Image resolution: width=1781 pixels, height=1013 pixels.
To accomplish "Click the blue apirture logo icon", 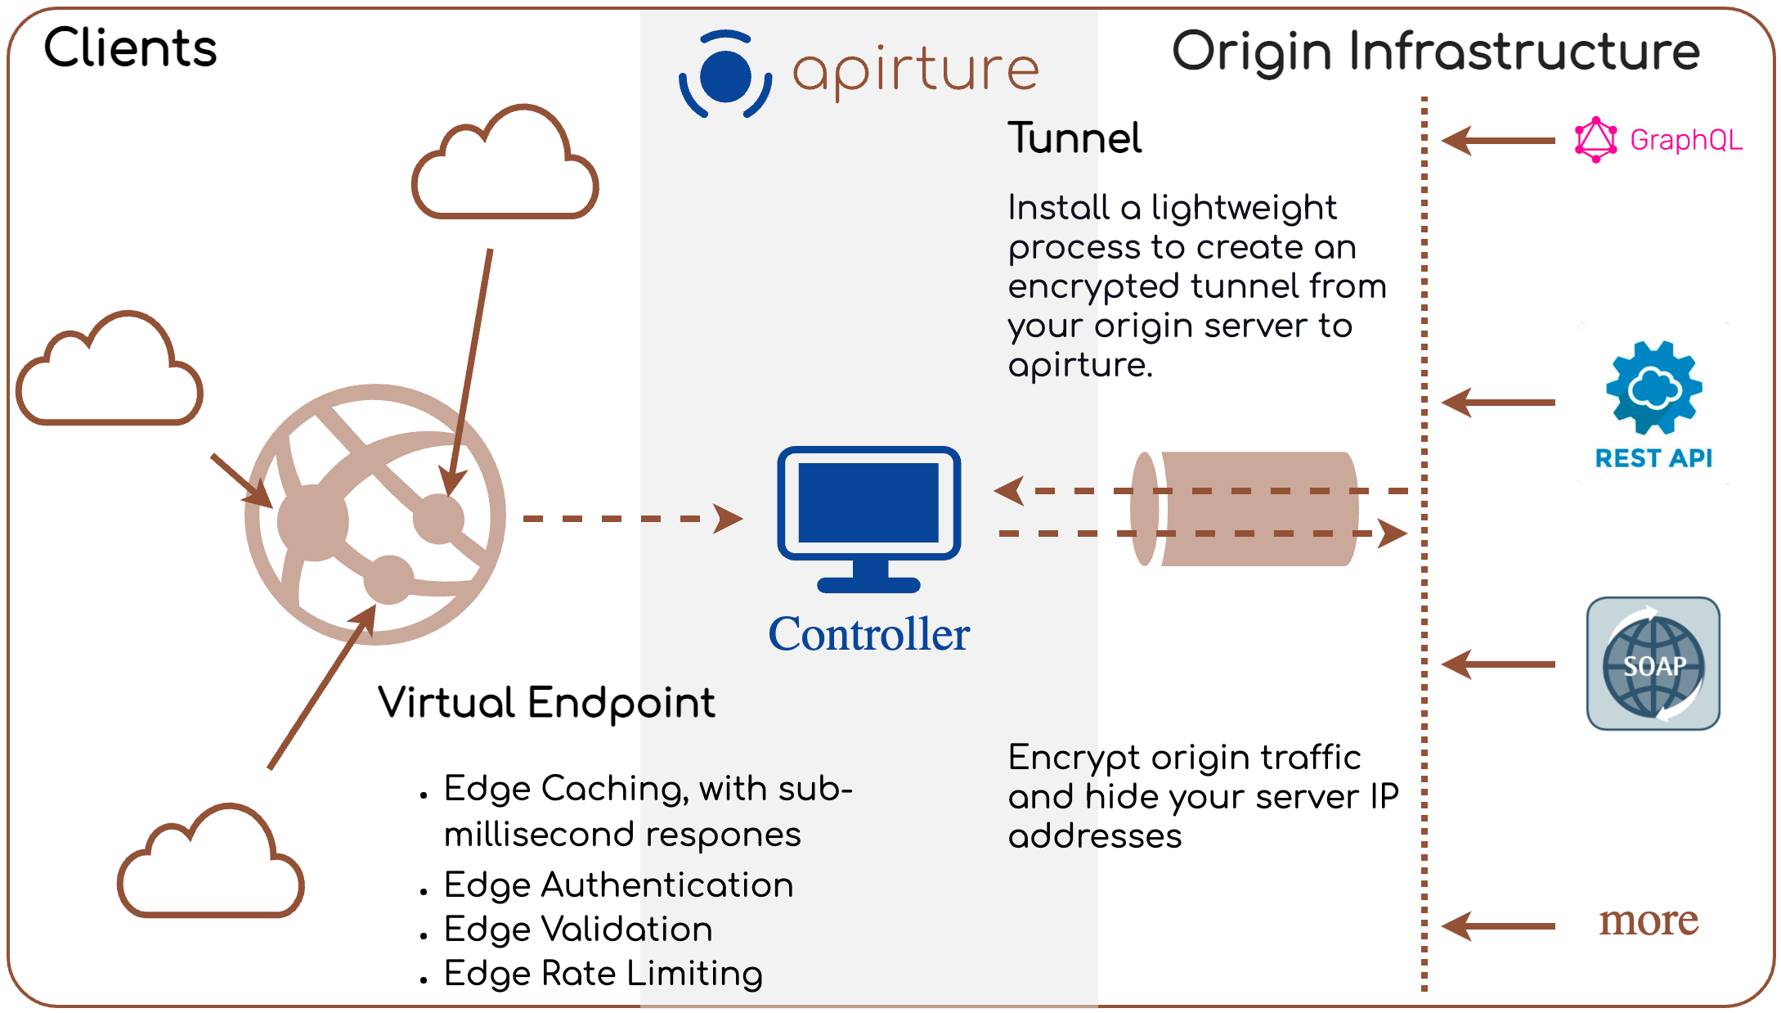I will click(x=725, y=74).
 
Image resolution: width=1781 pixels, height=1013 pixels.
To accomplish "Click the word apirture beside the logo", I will click(x=915, y=71).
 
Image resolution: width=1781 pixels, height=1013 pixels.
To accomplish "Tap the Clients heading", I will click(x=130, y=47).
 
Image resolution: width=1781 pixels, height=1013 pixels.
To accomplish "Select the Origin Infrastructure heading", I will click(x=1435, y=51).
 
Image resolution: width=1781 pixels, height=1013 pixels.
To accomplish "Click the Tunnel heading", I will click(x=1074, y=137).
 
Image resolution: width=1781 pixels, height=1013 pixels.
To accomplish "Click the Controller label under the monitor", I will click(x=868, y=634).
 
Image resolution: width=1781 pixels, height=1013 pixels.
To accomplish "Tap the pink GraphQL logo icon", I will click(x=1595, y=140).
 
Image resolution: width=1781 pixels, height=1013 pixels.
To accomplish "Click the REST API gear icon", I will click(x=1653, y=387).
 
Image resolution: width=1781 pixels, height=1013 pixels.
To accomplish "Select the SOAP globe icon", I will click(x=1653, y=664).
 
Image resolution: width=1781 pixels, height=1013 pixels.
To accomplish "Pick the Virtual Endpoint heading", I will click(x=545, y=702).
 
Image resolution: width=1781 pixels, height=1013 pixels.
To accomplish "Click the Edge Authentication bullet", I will click(x=618, y=885).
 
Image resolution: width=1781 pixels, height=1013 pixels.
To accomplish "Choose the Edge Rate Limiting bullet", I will click(x=603, y=973).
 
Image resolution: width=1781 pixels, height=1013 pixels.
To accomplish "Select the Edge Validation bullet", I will click(x=577, y=929).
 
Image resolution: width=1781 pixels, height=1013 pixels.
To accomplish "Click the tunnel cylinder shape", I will click(x=1251, y=509).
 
